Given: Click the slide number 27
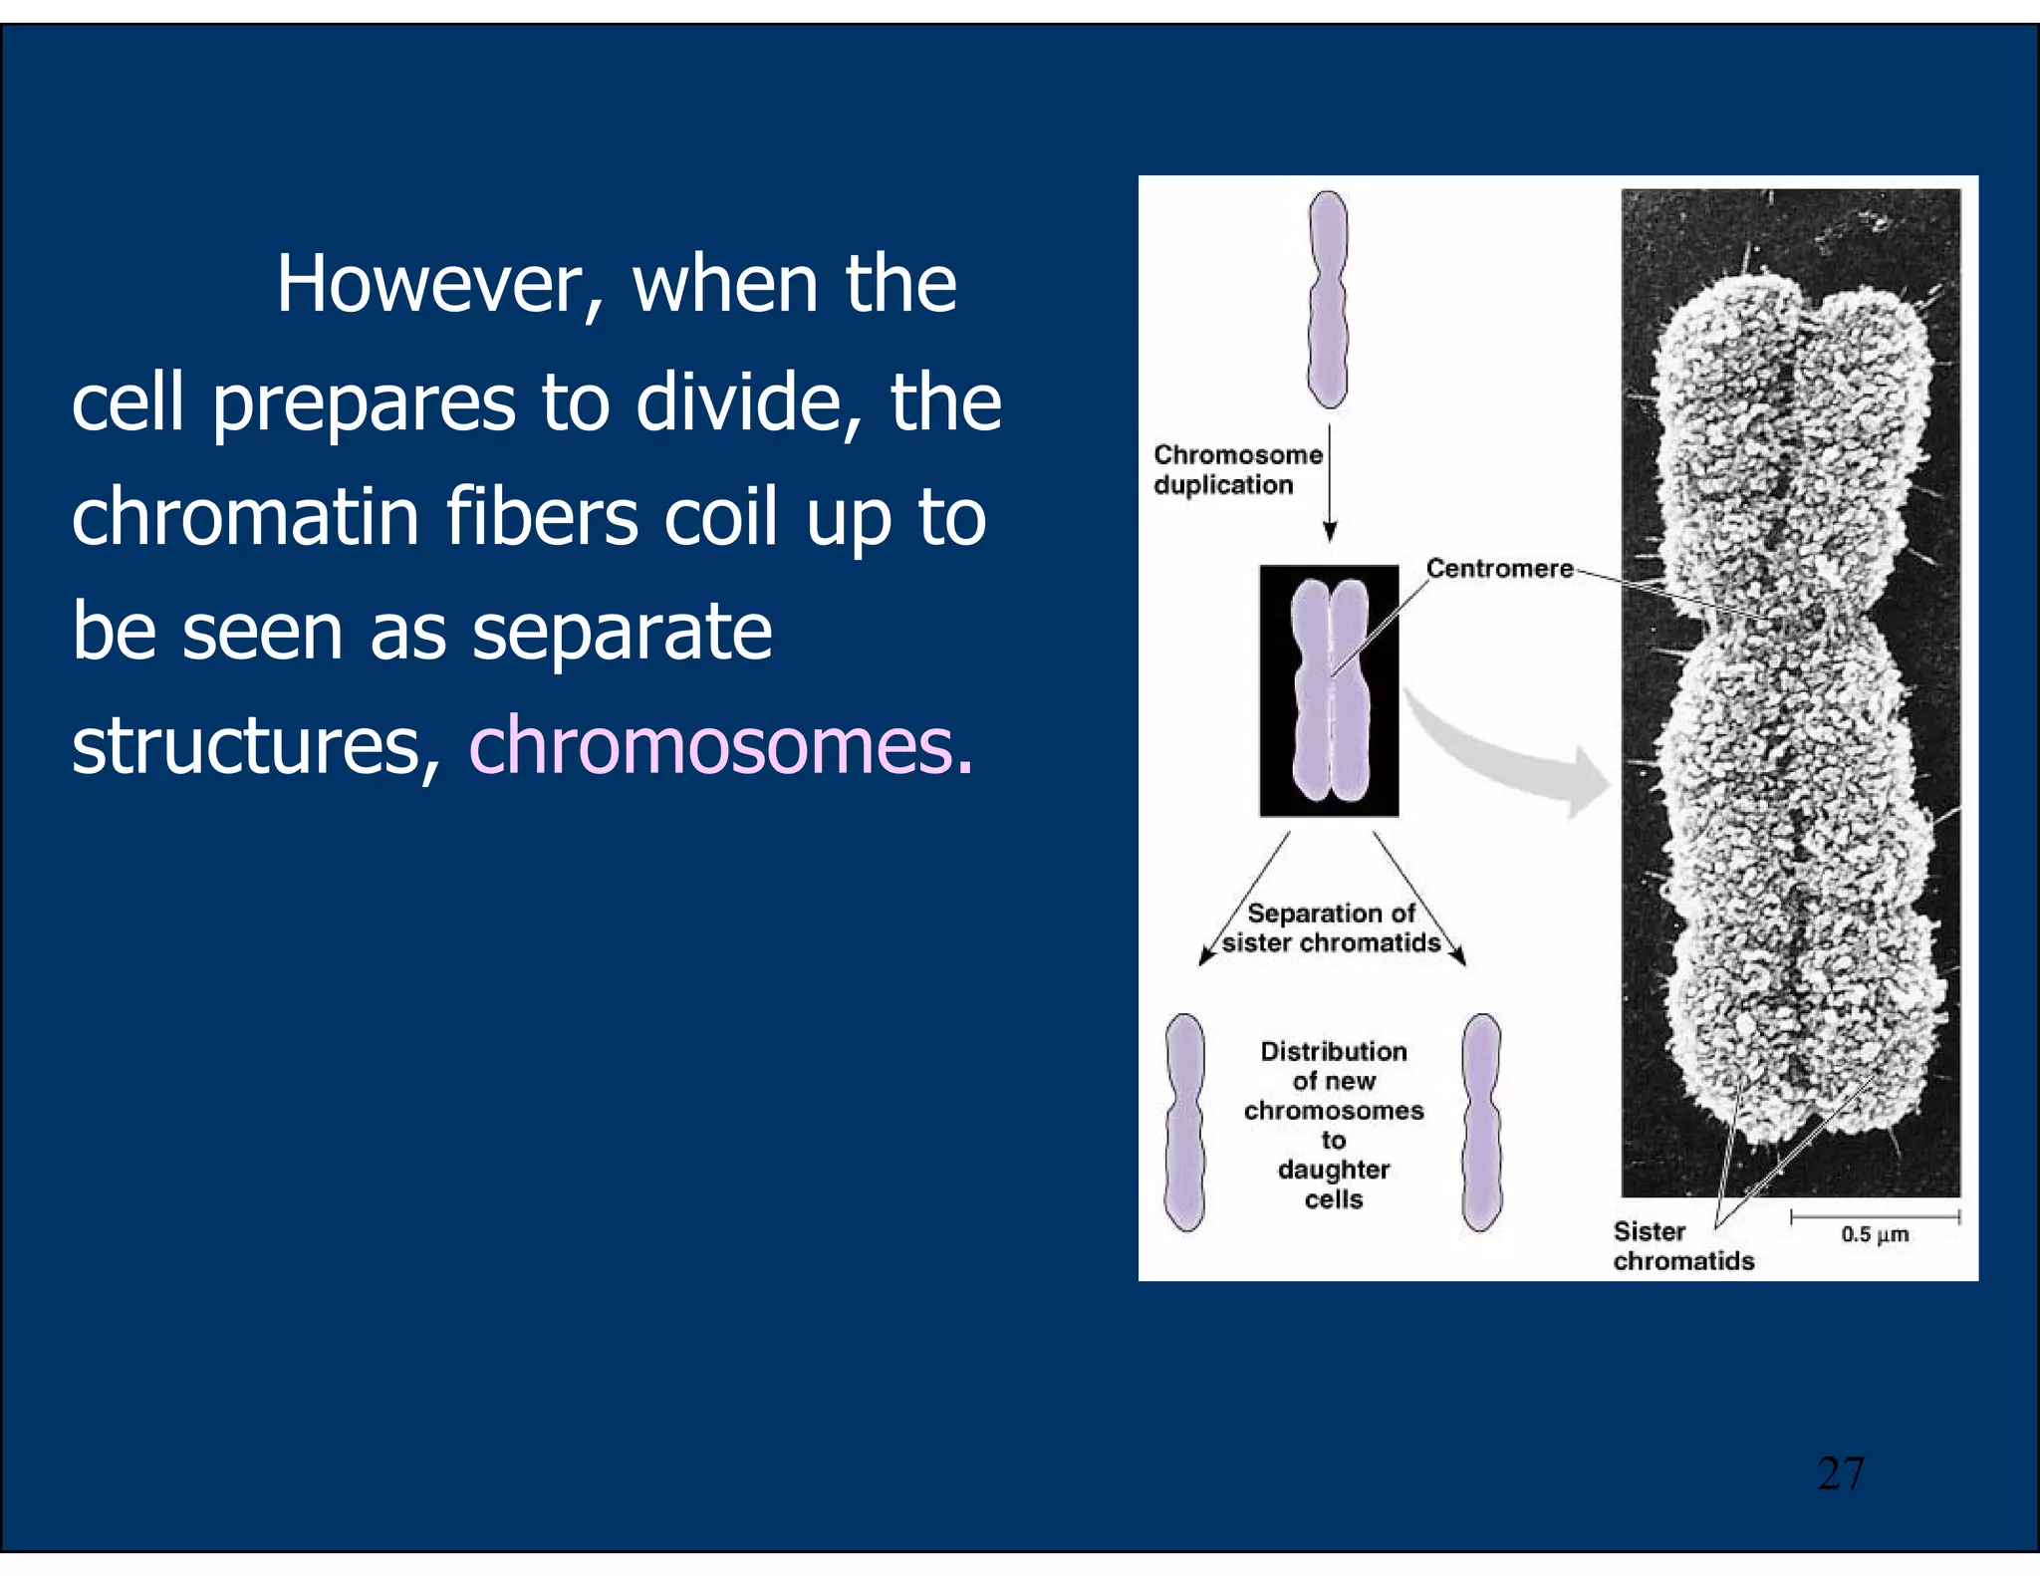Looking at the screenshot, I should (x=1840, y=1473).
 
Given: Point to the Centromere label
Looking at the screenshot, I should (x=1499, y=568).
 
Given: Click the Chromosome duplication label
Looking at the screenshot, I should (x=1237, y=470).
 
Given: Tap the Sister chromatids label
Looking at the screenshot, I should (x=1682, y=1246).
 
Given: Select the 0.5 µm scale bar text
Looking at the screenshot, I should (x=1875, y=1235).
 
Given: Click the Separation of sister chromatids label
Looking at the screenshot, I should (x=1332, y=927).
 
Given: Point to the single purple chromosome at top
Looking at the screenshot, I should (x=1328, y=299).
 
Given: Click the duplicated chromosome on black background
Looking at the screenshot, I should (x=1329, y=690).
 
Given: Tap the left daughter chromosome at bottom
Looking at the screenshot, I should (x=1184, y=1123).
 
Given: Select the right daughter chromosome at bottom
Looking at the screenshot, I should (x=1481, y=1123).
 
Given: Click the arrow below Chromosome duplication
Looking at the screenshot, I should (x=1329, y=483).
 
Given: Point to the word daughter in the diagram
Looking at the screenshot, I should (x=1333, y=1170).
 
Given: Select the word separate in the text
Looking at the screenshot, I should (x=622, y=632).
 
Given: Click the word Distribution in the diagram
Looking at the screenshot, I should (x=1333, y=1051).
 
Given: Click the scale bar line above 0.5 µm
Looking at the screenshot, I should (x=1875, y=1216).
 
